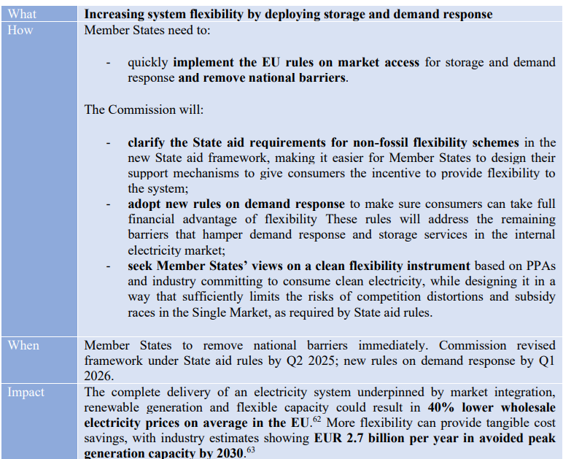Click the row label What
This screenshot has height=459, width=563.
pos(22,14)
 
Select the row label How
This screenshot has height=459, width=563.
pos(20,30)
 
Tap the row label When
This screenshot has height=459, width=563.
pos(24,345)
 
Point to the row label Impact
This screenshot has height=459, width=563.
pos(26,392)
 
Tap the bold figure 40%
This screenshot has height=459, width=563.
pos(443,408)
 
